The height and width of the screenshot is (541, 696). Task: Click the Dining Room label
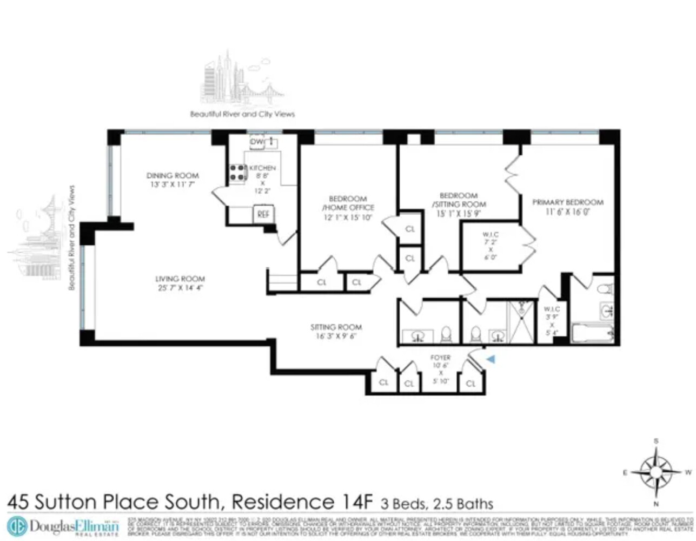click(173, 180)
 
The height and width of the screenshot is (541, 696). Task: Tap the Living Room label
click(180, 283)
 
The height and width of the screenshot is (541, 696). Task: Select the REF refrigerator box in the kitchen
click(263, 214)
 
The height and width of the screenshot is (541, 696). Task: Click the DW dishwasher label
click(256, 142)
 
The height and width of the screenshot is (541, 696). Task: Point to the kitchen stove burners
click(237, 173)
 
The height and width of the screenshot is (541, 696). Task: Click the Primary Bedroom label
click(568, 207)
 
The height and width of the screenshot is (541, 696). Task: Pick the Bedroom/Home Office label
click(348, 208)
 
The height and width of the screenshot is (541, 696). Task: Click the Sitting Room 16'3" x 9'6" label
click(336, 331)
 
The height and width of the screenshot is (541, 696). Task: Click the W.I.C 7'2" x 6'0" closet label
click(490, 246)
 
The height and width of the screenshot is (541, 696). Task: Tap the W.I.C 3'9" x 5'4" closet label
click(552, 321)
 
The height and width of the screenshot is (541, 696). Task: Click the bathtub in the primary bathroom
click(592, 333)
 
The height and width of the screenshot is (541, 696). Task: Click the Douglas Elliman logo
click(63, 526)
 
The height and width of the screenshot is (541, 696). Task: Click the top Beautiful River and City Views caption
click(242, 114)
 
